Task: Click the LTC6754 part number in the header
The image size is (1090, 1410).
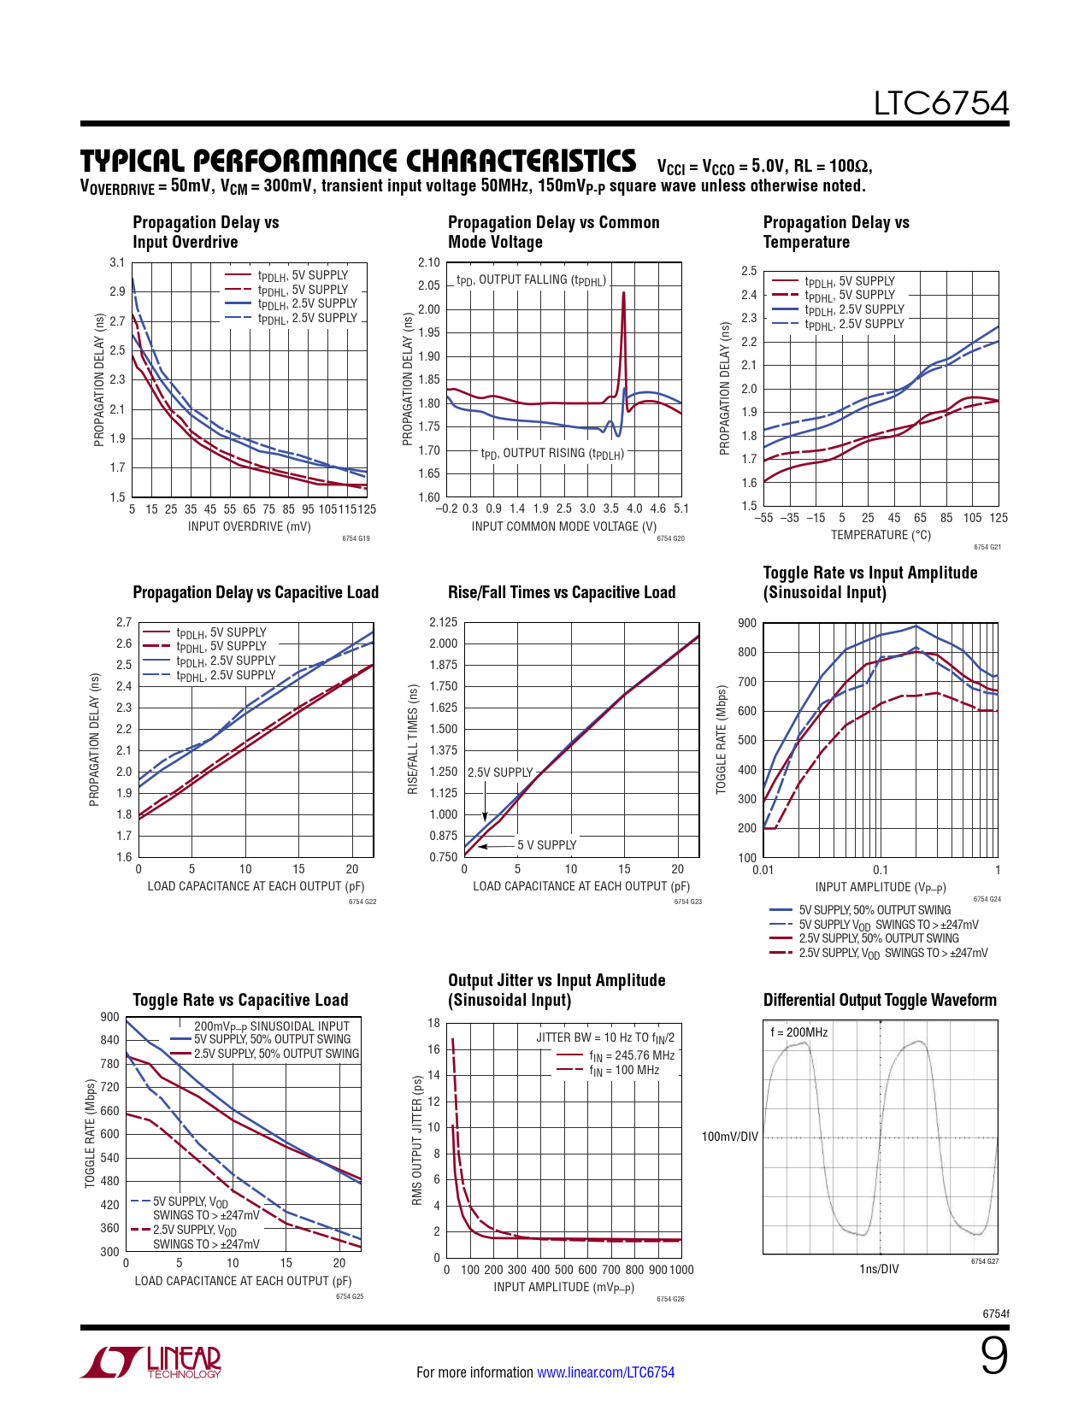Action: point(940,103)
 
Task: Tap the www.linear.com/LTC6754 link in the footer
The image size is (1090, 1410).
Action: point(605,1372)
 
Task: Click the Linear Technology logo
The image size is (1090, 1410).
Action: point(151,1362)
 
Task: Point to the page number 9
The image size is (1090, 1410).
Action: point(993,1356)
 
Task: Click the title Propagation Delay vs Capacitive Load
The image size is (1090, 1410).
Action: point(256,593)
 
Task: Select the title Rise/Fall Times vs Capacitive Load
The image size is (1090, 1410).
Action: point(562,593)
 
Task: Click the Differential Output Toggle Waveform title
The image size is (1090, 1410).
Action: point(880,1001)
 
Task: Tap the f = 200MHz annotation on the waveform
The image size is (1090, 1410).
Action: point(799,1032)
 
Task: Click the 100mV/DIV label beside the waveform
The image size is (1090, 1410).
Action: point(729,1137)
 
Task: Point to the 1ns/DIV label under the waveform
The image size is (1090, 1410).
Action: point(879,1269)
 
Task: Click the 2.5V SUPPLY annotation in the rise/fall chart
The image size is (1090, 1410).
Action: point(500,773)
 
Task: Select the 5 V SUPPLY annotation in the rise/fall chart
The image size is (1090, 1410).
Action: point(546,845)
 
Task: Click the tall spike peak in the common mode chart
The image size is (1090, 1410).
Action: point(623,294)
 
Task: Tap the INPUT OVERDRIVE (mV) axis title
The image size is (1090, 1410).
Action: point(250,526)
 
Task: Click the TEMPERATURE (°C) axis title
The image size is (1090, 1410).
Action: point(881,535)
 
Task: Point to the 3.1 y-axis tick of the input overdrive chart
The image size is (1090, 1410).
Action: point(117,262)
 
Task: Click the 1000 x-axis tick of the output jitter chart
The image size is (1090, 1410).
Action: point(681,1270)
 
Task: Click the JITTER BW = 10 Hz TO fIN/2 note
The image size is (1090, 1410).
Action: point(605,1037)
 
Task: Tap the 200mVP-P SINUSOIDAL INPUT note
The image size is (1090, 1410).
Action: point(272,1026)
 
